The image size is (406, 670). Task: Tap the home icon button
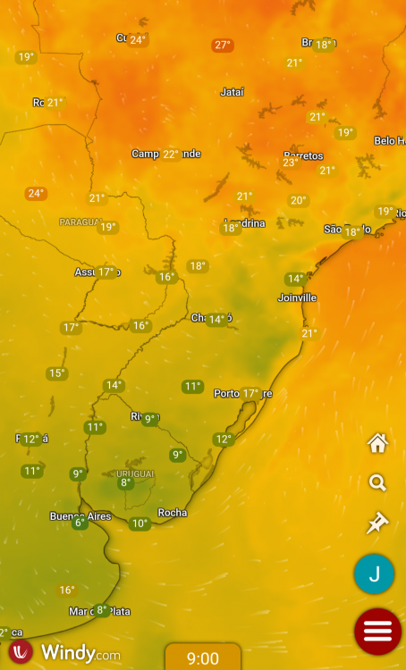[377, 442]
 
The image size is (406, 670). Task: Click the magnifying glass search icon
[377, 483]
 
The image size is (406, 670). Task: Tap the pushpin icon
[377, 523]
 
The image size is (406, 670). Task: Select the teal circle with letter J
[375, 574]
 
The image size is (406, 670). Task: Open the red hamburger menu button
[377, 631]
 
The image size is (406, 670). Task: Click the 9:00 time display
[203, 658]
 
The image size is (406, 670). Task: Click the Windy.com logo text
[80, 653]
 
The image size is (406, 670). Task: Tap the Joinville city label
[298, 297]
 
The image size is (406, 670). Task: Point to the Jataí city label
[232, 91]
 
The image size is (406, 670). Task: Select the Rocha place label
[173, 513]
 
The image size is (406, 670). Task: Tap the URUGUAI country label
[135, 473]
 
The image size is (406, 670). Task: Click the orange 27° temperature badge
[223, 45]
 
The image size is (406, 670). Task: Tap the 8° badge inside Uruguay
[125, 483]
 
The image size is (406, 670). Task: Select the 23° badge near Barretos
[291, 163]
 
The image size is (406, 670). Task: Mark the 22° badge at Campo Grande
[170, 154]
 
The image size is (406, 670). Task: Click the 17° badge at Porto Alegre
[250, 393]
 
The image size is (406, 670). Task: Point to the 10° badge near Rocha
[139, 523]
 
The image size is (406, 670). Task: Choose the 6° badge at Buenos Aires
[80, 523]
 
